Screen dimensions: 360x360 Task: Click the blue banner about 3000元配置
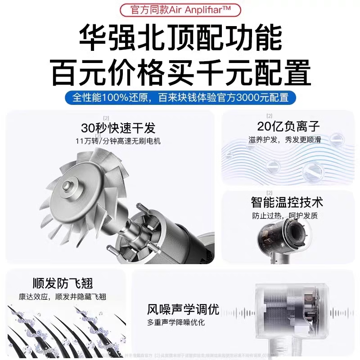click(180, 97)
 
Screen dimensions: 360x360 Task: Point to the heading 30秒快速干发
click(118, 128)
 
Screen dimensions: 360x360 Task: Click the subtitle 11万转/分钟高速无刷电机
click(118, 141)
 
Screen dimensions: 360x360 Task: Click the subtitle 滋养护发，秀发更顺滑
click(284, 139)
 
